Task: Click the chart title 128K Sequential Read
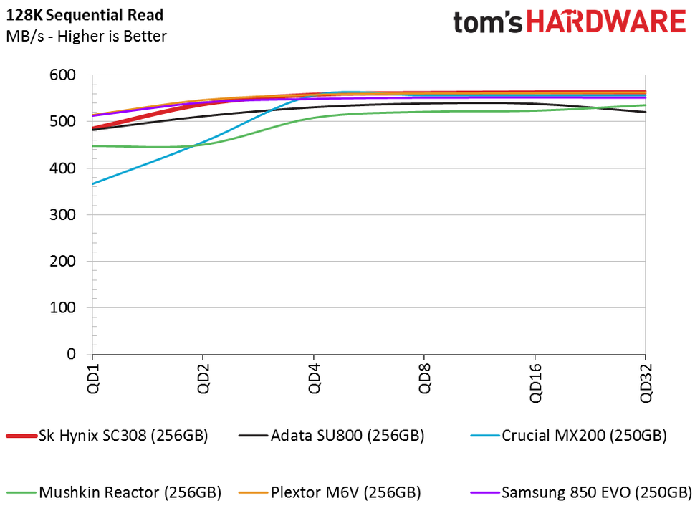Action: tap(85, 14)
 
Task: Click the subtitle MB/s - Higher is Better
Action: tap(86, 35)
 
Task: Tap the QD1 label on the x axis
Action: tap(92, 377)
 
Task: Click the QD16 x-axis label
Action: tap(535, 380)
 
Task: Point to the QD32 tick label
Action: tap(646, 380)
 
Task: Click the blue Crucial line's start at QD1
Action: tap(92, 184)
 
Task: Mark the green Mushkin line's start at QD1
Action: tap(92, 145)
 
